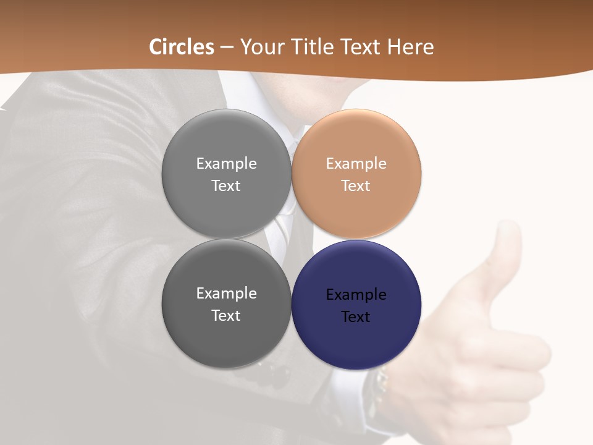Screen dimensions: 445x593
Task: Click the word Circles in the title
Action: (182, 47)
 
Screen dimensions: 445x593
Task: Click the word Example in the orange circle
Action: (356, 164)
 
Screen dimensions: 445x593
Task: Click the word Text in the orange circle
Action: (356, 186)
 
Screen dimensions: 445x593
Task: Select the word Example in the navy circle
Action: (356, 295)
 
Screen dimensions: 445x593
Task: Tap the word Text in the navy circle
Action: (356, 317)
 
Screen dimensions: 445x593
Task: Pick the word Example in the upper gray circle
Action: (226, 164)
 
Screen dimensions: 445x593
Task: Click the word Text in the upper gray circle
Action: (226, 186)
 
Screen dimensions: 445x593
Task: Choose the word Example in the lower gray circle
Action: (226, 294)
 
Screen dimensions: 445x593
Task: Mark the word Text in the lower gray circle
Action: (226, 316)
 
